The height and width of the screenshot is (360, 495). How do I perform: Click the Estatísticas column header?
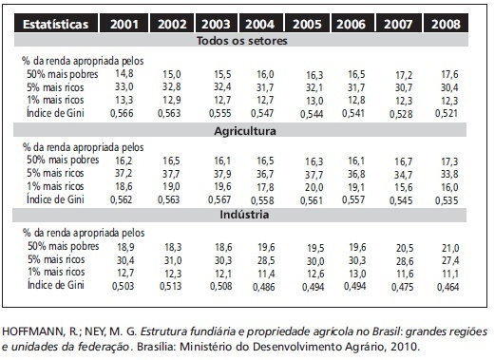click(x=56, y=24)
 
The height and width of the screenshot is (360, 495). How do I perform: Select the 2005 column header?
click(x=307, y=24)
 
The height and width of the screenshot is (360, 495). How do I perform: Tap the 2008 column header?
click(x=446, y=24)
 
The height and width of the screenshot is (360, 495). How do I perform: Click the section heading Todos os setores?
click(x=242, y=41)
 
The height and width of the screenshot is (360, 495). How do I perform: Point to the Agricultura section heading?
click(x=245, y=131)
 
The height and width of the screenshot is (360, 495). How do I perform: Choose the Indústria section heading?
click(x=244, y=215)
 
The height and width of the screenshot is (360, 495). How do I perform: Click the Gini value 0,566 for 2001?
click(x=122, y=113)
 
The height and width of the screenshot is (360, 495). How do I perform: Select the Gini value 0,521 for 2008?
click(x=447, y=113)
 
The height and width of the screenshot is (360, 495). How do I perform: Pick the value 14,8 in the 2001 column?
click(x=124, y=74)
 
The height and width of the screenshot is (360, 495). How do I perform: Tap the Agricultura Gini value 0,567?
click(x=219, y=199)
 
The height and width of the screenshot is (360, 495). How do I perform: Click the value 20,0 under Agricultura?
click(x=314, y=187)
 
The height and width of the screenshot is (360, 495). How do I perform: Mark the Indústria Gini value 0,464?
click(x=447, y=287)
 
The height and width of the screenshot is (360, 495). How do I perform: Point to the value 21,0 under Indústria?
click(x=450, y=248)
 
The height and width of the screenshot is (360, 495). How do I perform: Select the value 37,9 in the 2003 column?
click(x=222, y=174)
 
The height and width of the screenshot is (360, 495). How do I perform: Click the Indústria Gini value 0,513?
click(x=171, y=286)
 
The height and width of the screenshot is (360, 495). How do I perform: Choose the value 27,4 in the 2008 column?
click(x=450, y=260)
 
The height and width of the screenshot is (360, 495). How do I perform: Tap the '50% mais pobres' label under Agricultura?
click(x=63, y=160)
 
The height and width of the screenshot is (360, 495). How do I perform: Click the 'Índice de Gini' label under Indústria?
click(x=56, y=284)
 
